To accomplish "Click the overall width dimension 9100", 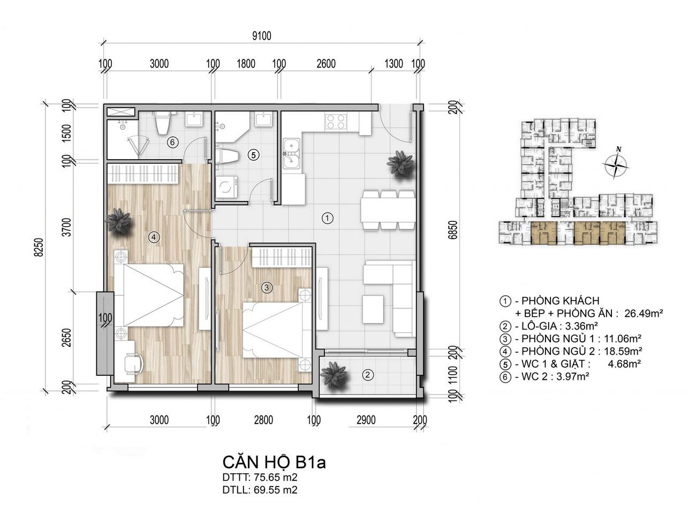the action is [x=262, y=36].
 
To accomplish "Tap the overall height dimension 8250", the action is [x=39, y=247].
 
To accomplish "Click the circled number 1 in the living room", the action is [x=327, y=218].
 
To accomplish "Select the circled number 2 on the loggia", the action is [x=368, y=375].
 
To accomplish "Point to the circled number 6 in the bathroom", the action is [x=172, y=143].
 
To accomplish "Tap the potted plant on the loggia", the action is [x=334, y=375].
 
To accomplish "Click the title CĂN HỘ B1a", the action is [x=274, y=463].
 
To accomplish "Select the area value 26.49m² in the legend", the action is [x=644, y=313].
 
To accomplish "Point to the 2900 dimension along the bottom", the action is [x=366, y=420].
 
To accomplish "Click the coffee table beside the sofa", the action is [x=373, y=309].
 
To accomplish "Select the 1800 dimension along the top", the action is [x=246, y=64].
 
